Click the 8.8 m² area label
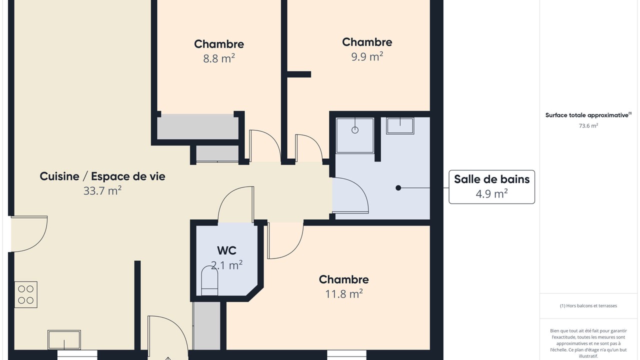click(x=219, y=58)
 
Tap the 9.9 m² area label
click(x=367, y=56)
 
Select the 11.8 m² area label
click(x=344, y=293)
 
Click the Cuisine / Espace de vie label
click(x=102, y=176)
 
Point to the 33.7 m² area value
click(x=102, y=191)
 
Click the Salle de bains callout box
click(x=491, y=187)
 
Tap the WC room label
click(x=226, y=250)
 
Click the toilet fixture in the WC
click(x=209, y=280)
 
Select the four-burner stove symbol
click(x=25, y=294)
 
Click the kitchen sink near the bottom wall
click(x=64, y=339)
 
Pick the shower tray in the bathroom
click(x=355, y=135)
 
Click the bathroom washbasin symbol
click(x=400, y=125)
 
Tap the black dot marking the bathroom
click(x=398, y=187)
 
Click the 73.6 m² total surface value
click(x=588, y=125)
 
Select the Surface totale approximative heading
click(x=588, y=115)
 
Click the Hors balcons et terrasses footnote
click(x=588, y=305)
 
